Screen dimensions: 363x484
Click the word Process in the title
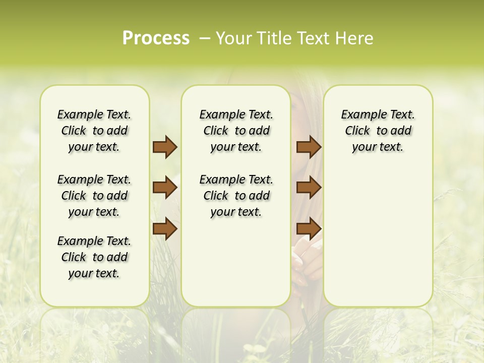point(156,38)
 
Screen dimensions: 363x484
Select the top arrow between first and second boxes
point(165,147)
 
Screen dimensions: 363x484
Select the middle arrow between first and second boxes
point(165,188)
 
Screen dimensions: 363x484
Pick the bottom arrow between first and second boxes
point(165,229)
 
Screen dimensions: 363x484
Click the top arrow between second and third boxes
point(309,147)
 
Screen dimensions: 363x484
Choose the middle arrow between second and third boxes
point(309,188)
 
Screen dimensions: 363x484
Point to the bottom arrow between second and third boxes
point(309,229)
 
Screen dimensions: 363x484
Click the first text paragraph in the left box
point(94,131)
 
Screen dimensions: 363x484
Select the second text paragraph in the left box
point(94,196)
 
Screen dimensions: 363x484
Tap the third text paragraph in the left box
point(94,257)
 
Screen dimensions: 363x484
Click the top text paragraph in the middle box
point(236,131)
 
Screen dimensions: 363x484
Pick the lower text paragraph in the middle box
point(236,196)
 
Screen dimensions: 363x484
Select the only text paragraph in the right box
point(378,131)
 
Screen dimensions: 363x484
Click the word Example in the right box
point(359,115)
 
